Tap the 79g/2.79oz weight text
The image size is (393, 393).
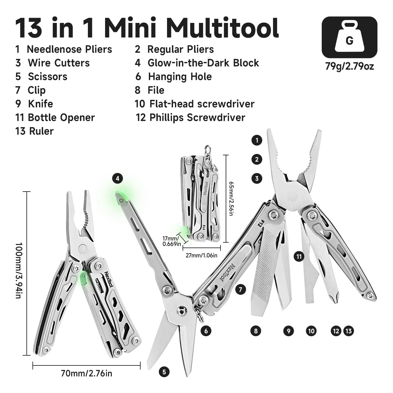click(349, 66)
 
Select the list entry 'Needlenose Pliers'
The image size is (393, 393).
click(69, 49)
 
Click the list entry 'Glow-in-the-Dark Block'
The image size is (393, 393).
click(203, 63)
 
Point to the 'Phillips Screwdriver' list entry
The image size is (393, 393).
click(197, 118)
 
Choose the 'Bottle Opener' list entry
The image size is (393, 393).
click(61, 118)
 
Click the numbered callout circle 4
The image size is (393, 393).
click(118, 179)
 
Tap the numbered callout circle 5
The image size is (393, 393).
click(164, 372)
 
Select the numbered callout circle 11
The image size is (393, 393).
click(299, 256)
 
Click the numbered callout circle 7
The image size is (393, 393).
click(240, 289)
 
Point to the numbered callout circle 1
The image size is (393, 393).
click(257, 140)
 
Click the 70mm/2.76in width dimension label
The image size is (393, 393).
click(86, 373)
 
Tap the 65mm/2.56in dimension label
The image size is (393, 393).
click(231, 198)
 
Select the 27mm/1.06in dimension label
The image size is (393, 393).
click(201, 255)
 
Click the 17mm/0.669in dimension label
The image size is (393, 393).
click(172, 242)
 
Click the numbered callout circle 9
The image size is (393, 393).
click(288, 331)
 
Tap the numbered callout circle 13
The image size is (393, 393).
click(349, 331)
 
